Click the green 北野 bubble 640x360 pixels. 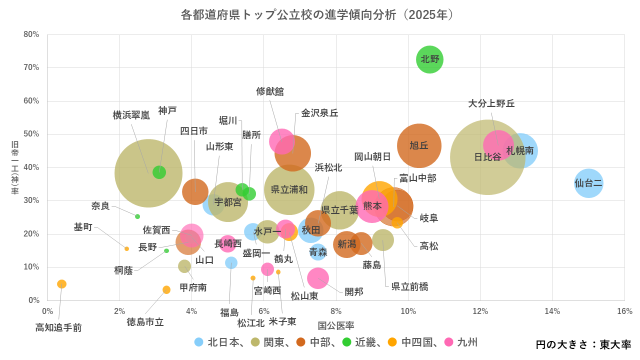point(430,59)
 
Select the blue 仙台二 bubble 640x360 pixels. point(588,183)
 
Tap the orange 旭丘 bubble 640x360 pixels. point(419,146)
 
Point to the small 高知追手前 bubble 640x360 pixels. point(62,284)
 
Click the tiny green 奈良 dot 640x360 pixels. point(137,216)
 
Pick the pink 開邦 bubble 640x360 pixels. point(318,278)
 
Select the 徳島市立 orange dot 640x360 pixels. point(166,290)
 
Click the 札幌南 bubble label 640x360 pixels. point(520,150)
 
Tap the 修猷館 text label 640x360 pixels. point(270,91)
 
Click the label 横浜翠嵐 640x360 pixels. point(131,115)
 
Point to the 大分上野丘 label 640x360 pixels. point(491,103)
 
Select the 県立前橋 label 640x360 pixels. point(409,286)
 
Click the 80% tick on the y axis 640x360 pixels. point(31,34)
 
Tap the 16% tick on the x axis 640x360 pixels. point(624,311)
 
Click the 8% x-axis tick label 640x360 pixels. point(336,311)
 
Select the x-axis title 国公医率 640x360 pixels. point(336,326)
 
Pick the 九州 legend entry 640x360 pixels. point(461,342)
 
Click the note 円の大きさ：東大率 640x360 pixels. point(583,345)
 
